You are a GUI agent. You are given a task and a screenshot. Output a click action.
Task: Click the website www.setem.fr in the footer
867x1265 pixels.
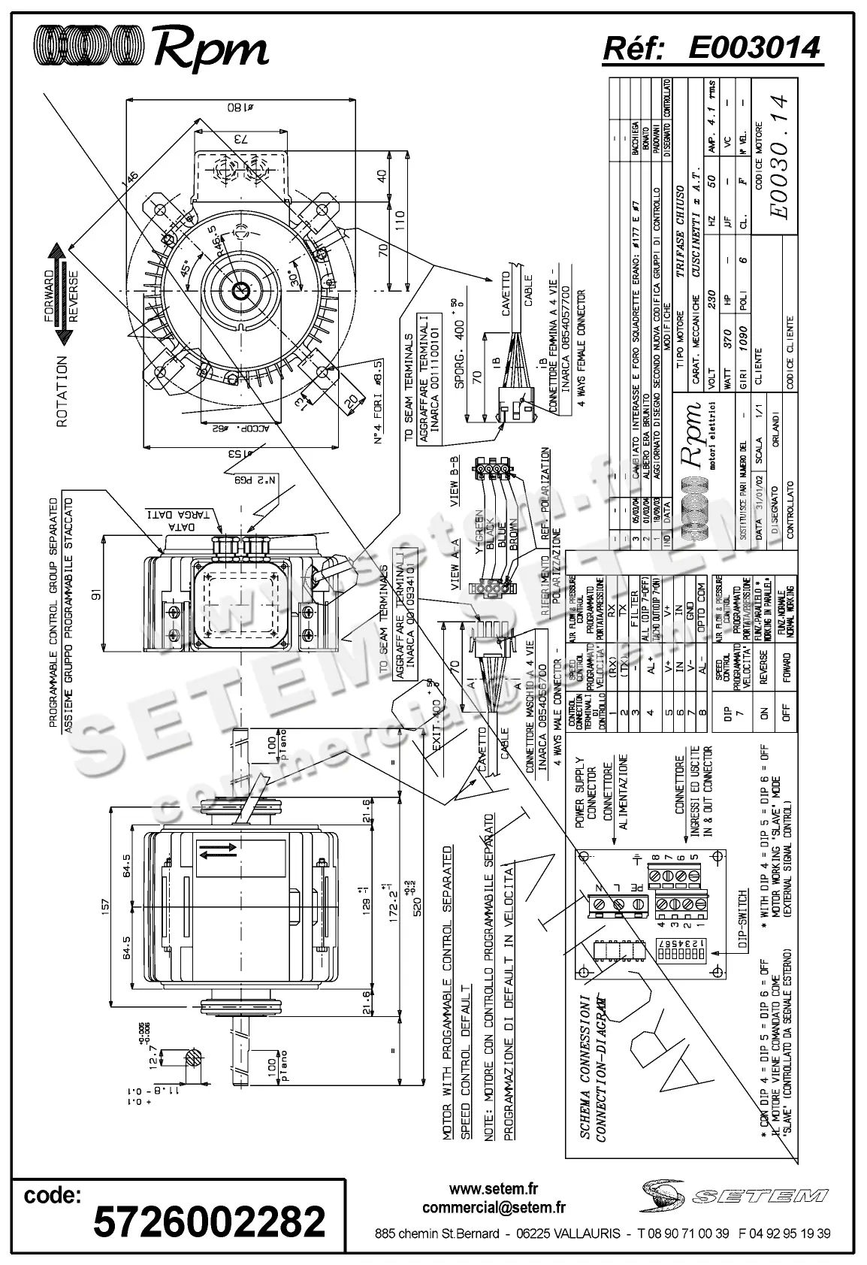[494, 1189]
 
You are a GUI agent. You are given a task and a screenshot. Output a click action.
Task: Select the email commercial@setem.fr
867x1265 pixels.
[494, 1208]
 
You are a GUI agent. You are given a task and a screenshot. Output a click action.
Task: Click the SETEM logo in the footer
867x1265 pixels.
[734, 1196]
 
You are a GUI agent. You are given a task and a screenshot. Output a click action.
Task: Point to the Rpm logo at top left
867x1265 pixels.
[150, 48]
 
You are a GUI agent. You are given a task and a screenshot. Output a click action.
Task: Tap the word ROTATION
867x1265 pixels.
[62, 392]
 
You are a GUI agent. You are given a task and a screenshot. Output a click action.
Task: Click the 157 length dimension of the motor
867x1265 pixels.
[105, 905]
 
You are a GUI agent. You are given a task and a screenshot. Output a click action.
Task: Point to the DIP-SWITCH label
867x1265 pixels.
[742, 922]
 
